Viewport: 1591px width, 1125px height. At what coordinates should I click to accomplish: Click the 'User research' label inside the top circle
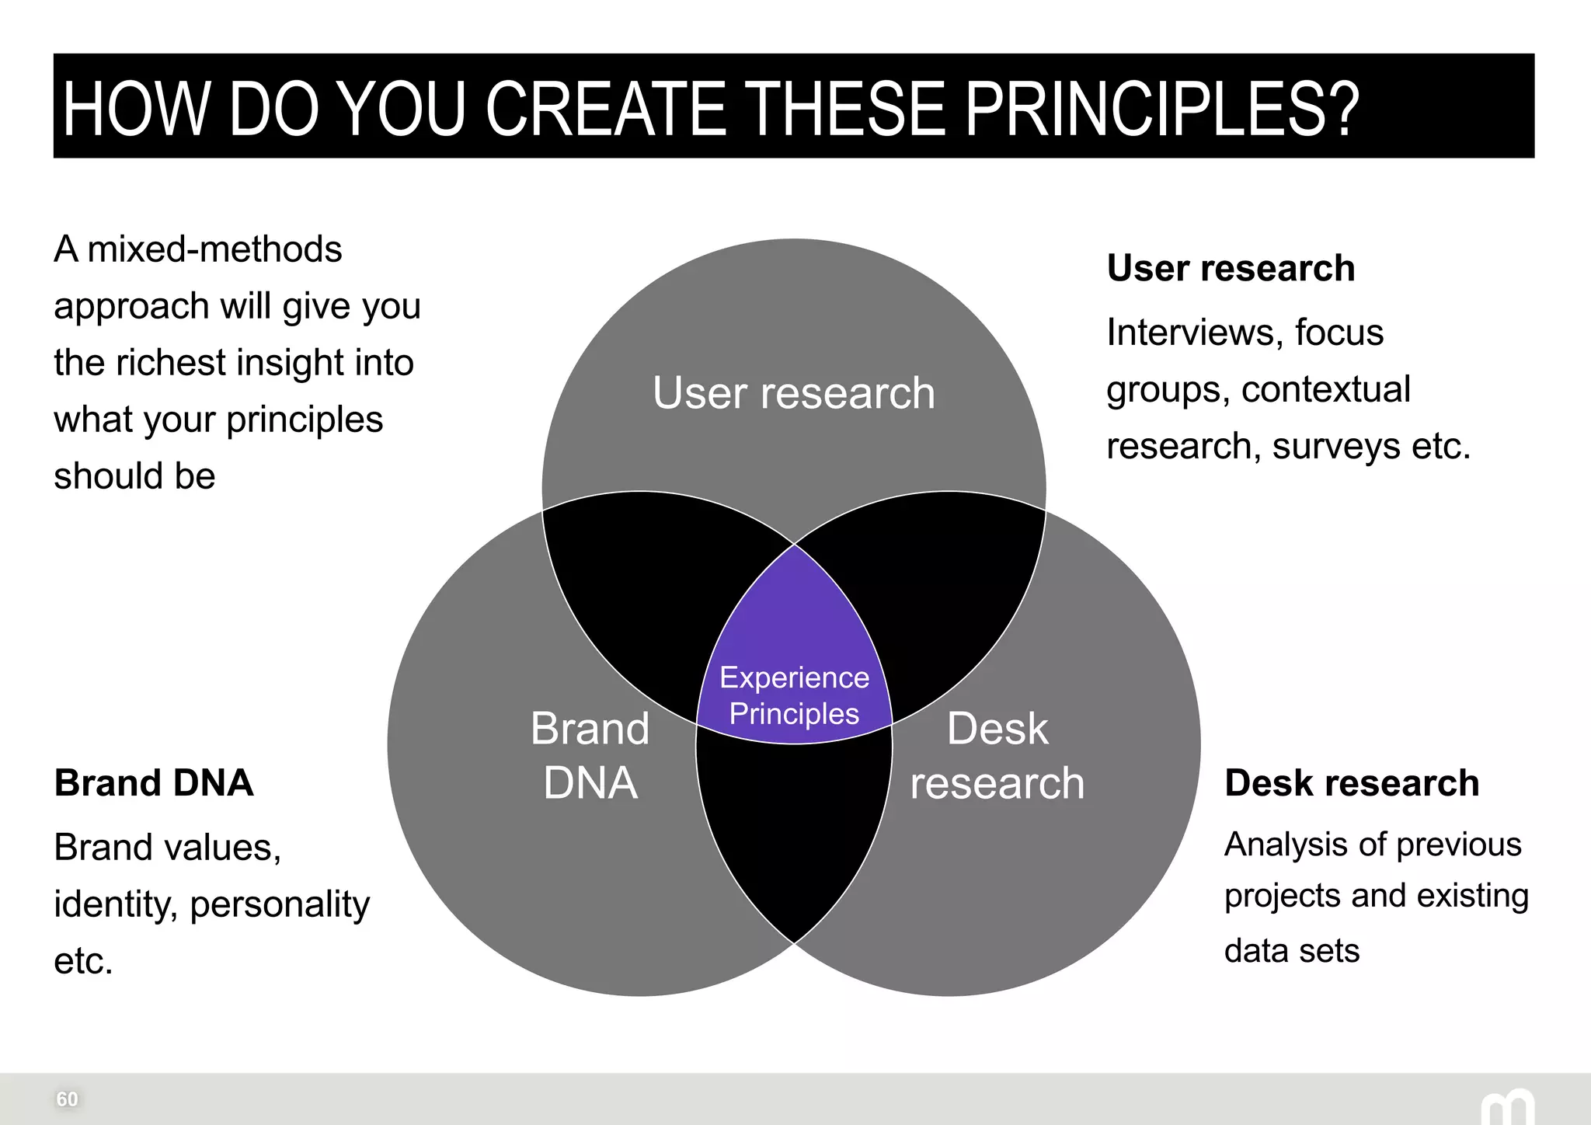click(x=793, y=392)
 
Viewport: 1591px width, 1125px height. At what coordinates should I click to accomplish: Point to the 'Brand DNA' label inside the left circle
click(x=590, y=755)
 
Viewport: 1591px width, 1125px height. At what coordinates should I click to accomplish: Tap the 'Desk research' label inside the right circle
click(x=997, y=755)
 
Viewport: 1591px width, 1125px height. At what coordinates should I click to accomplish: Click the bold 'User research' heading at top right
click(x=1231, y=268)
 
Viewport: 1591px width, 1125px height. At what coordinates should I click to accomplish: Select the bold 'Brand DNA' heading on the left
click(x=153, y=782)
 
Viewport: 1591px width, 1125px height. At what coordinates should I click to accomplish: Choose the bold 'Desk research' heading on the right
click(x=1351, y=782)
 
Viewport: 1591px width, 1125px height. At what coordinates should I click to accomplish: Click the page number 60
click(x=67, y=1099)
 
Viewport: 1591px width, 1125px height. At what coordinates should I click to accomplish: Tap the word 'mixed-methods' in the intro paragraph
click(x=214, y=249)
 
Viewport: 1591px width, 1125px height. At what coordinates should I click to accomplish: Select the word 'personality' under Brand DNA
click(x=280, y=904)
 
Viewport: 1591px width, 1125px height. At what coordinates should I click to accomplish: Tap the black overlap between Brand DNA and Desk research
click(x=793, y=831)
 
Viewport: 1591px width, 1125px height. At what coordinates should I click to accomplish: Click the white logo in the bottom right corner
click(x=1506, y=1107)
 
